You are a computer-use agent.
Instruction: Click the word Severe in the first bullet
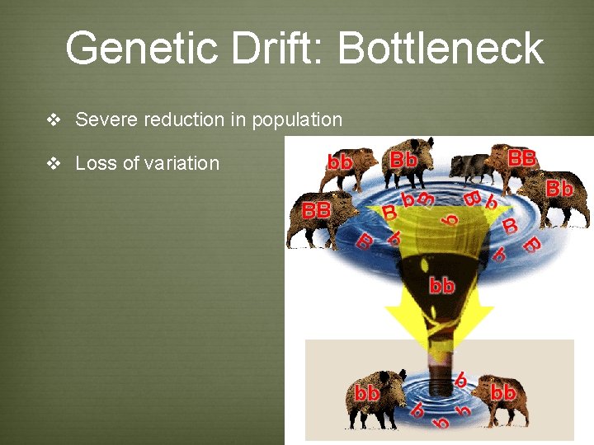point(106,119)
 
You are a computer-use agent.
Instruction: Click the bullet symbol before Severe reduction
point(54,120)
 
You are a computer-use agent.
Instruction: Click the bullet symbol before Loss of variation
point(54,164)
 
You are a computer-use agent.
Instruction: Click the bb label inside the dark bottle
point(441,286)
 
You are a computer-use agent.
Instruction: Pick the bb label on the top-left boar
point(340,162)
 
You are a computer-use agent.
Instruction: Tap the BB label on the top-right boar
point(521,157)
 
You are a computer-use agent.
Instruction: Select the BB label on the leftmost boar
point(316,210)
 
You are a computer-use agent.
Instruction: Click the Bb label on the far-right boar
point(559,189)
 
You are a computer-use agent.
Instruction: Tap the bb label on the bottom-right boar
point(502,392)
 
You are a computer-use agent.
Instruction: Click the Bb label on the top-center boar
point(403,159)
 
